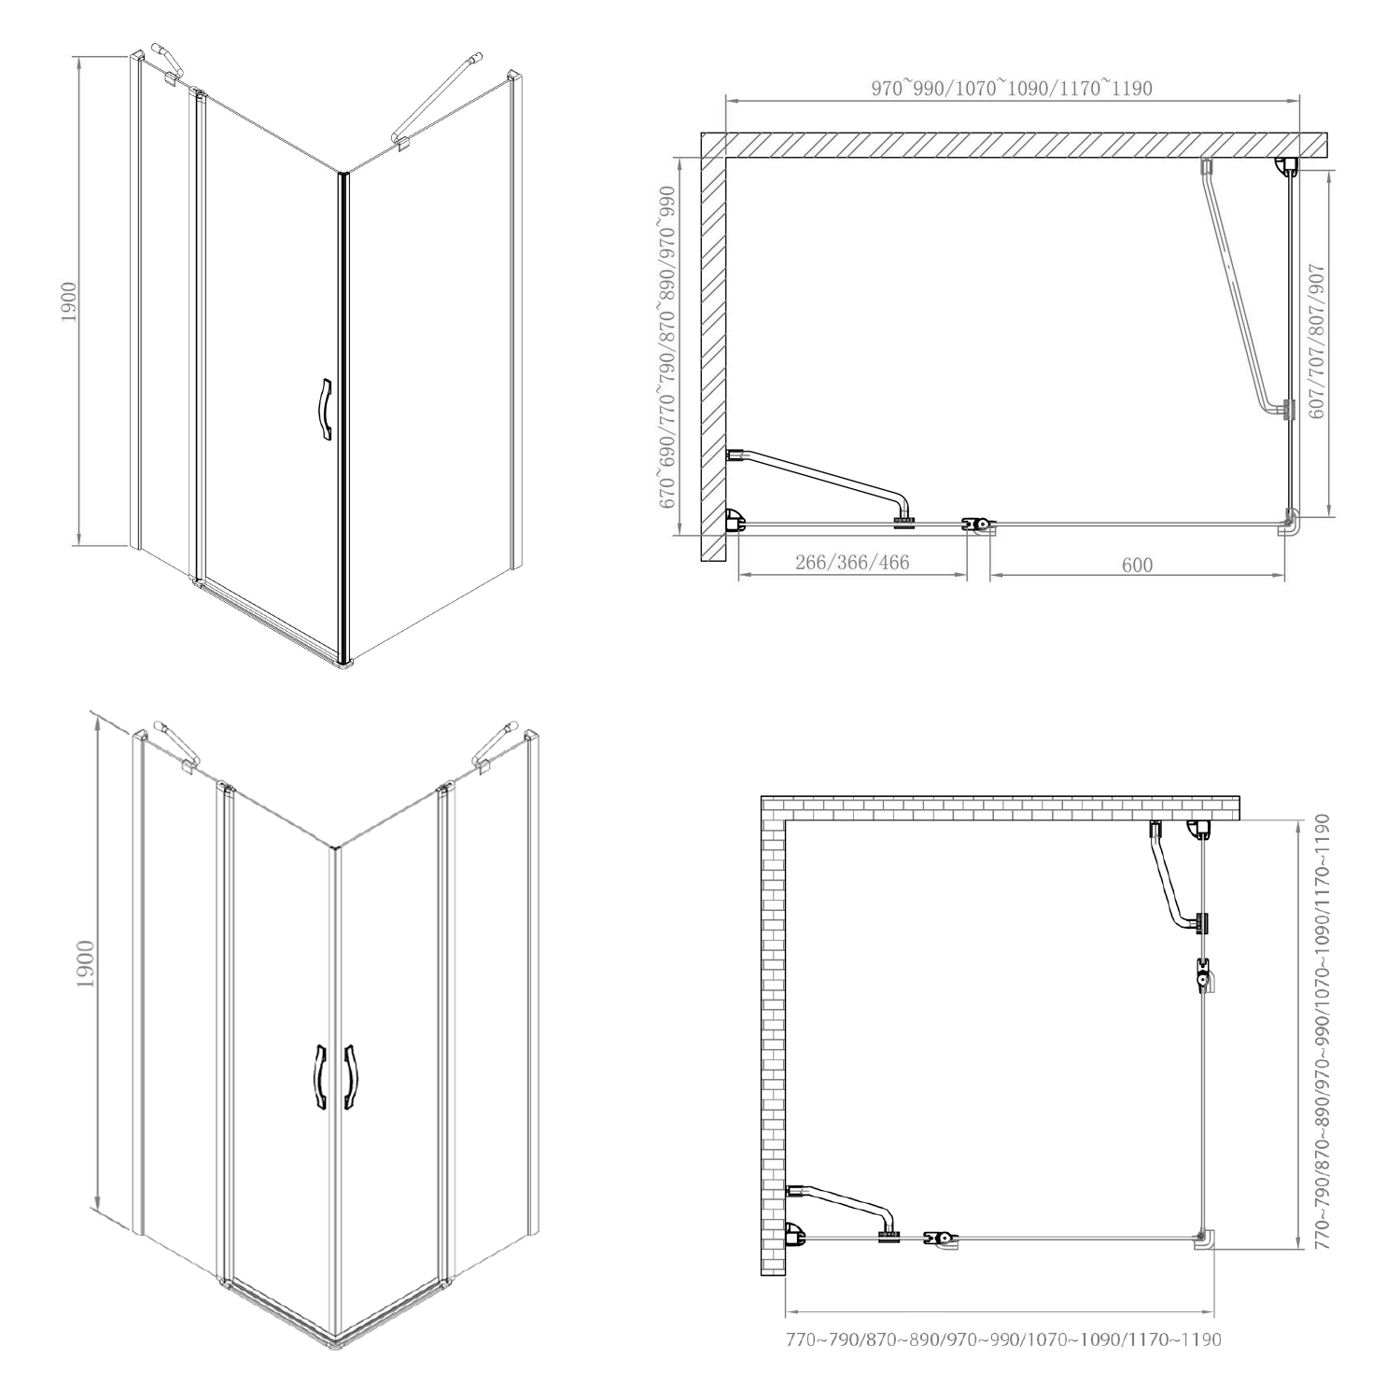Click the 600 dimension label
1137,565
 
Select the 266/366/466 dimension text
852,562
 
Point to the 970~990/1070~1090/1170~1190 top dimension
1012,89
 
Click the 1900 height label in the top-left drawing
68,301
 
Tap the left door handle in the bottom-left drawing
318,1077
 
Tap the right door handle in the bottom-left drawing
351,1077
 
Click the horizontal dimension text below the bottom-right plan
1003,1340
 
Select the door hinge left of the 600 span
978,525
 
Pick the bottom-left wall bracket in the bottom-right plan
796,1236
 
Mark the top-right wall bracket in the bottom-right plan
1199,829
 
